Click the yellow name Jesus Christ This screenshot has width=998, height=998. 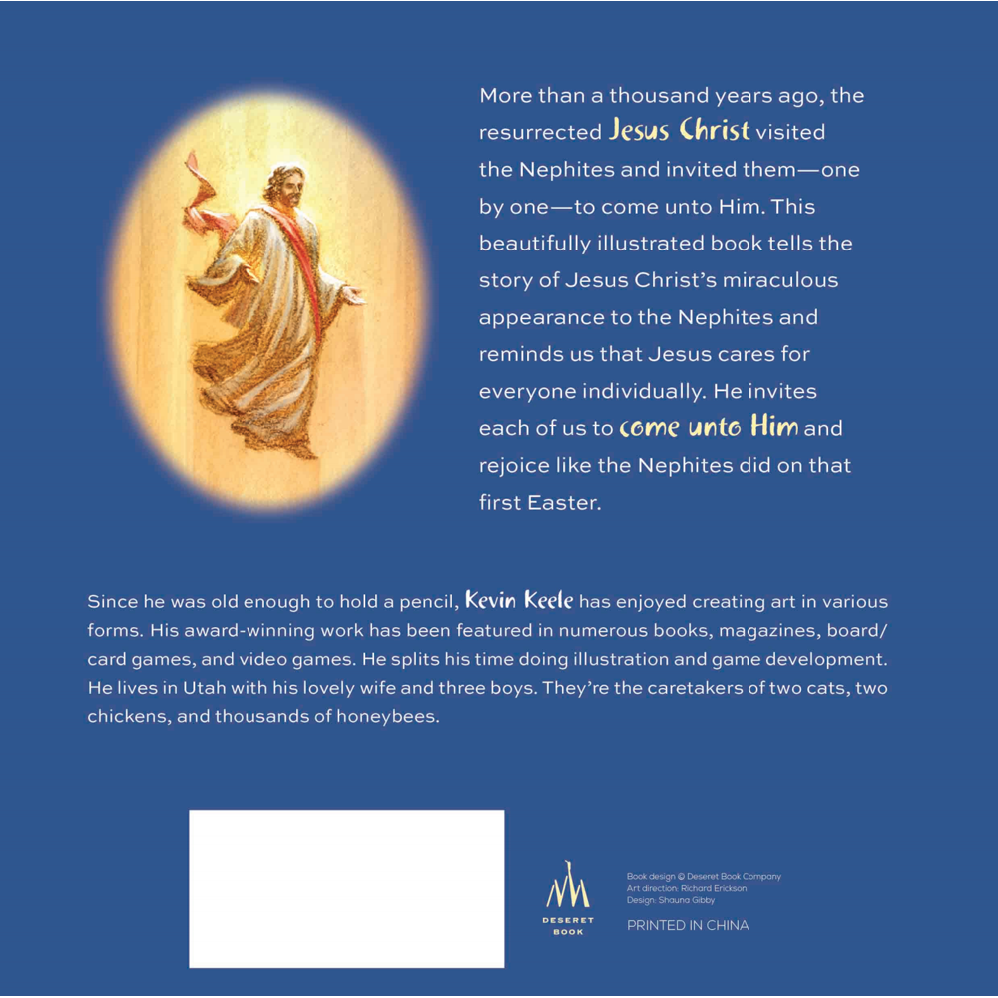click(679, 131)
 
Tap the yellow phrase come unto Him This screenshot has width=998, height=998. click(709, 428)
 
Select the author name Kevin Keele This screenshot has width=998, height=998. click(520, 602)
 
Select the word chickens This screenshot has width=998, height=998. click(126, 717)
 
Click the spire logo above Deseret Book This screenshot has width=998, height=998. click(567, 886)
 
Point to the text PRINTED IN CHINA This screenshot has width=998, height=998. click(688, 925)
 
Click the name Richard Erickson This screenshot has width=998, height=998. click(714, 888)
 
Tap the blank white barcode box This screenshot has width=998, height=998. click(346, 888)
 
